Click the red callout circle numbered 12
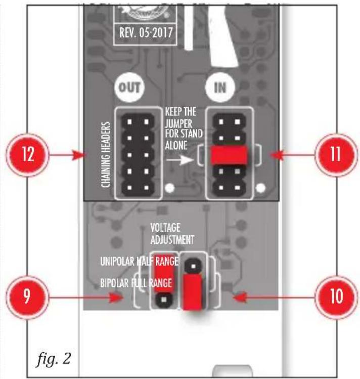(x=27, y=155)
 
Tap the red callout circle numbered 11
(x=336, y=155)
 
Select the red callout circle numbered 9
(x=27, y=297)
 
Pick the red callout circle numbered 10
(x=336, y=297)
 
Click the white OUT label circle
(x=129, y=87)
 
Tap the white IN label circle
(x=220, y=87)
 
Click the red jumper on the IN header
(x=229, y=155)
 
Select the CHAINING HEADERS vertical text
(x=106, y=155)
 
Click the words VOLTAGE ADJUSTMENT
(x=172, y=234)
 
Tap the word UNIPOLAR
(x=117, y=261)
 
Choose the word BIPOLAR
(x=114, y=283)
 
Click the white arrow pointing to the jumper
(x=180, y=160)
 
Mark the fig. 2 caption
(x=54, y=359)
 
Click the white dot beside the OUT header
(x=170, y=188)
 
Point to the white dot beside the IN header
(x=260, y=188)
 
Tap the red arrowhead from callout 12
(x=79, y=155)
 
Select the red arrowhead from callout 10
(x=240, y=298)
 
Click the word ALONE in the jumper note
(x=176, y=145)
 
